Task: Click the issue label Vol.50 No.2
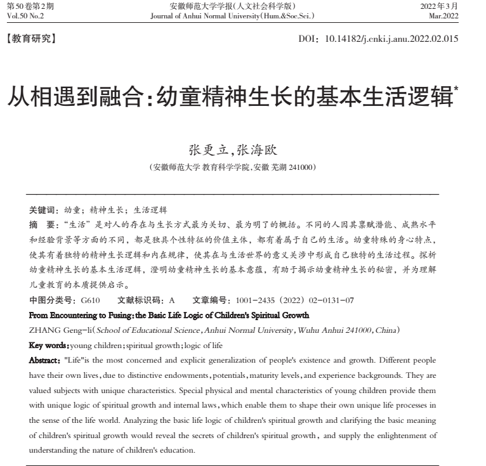(23, 15)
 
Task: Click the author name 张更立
(207, 150)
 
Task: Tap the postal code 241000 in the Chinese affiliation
(301, 167)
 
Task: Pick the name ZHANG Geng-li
(53, 330)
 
